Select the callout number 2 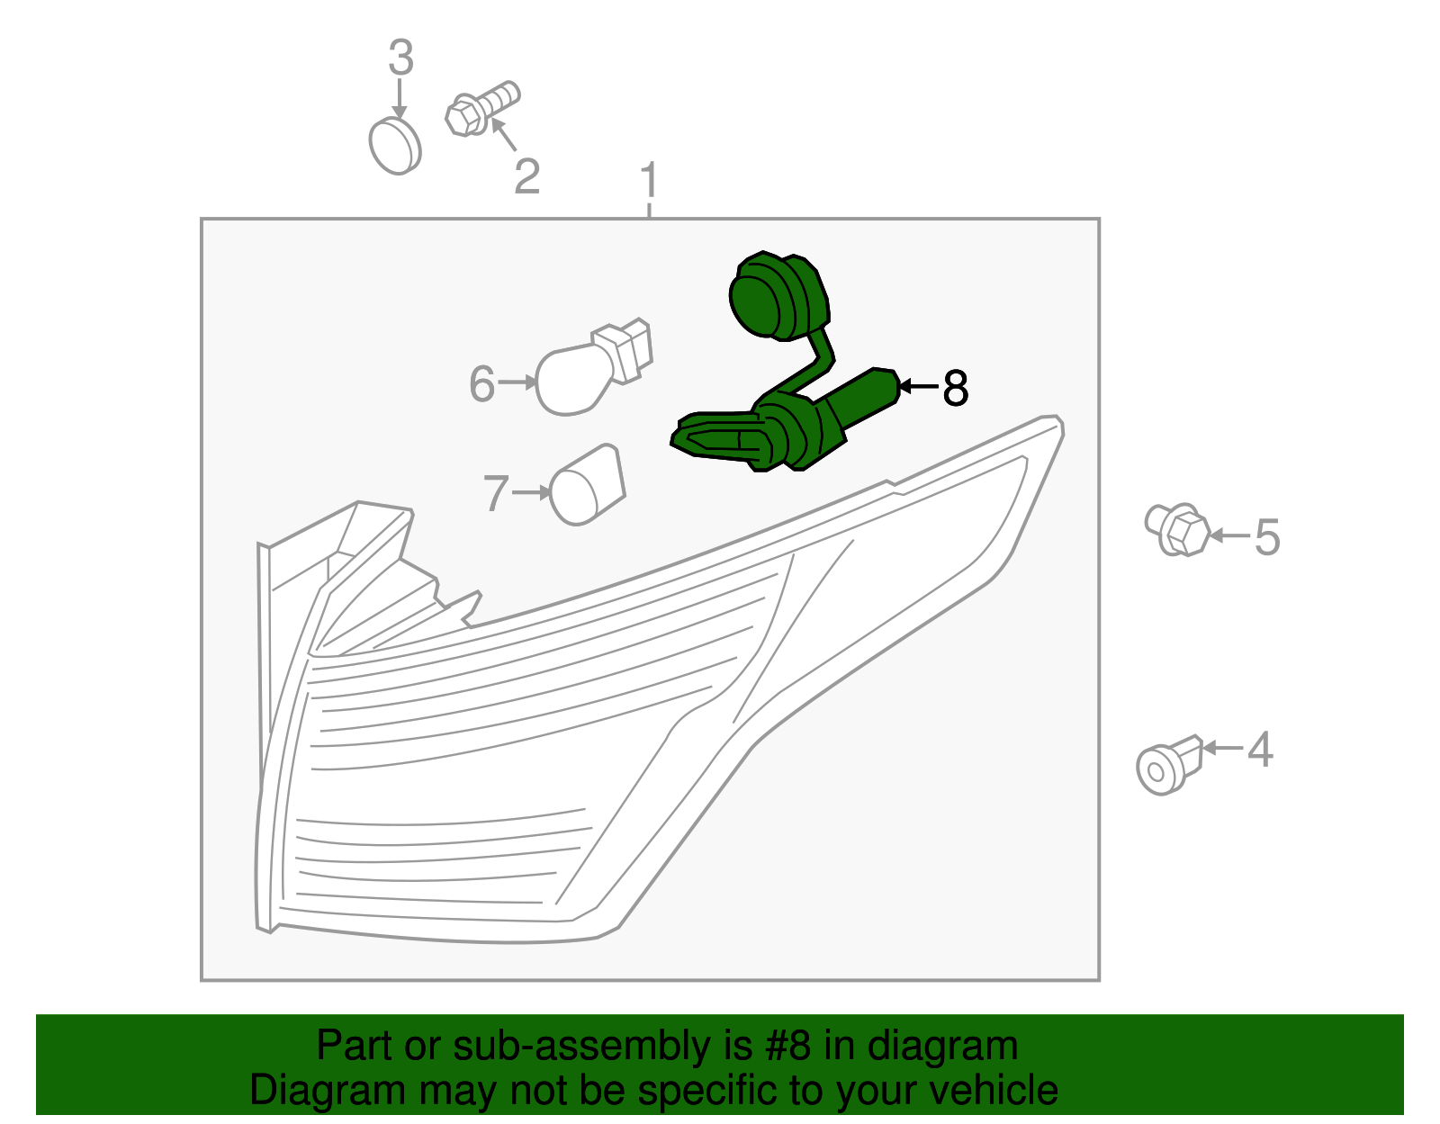526,177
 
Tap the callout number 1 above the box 650,179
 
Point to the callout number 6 481,383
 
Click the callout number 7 496,493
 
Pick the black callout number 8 955,388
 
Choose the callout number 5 1266,536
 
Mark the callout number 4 1260,749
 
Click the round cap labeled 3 395,146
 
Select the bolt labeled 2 482,108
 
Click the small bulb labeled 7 587,485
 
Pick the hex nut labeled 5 1177,530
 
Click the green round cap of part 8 778,296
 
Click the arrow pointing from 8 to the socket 919,386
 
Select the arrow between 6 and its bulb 517,382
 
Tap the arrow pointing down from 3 399,99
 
